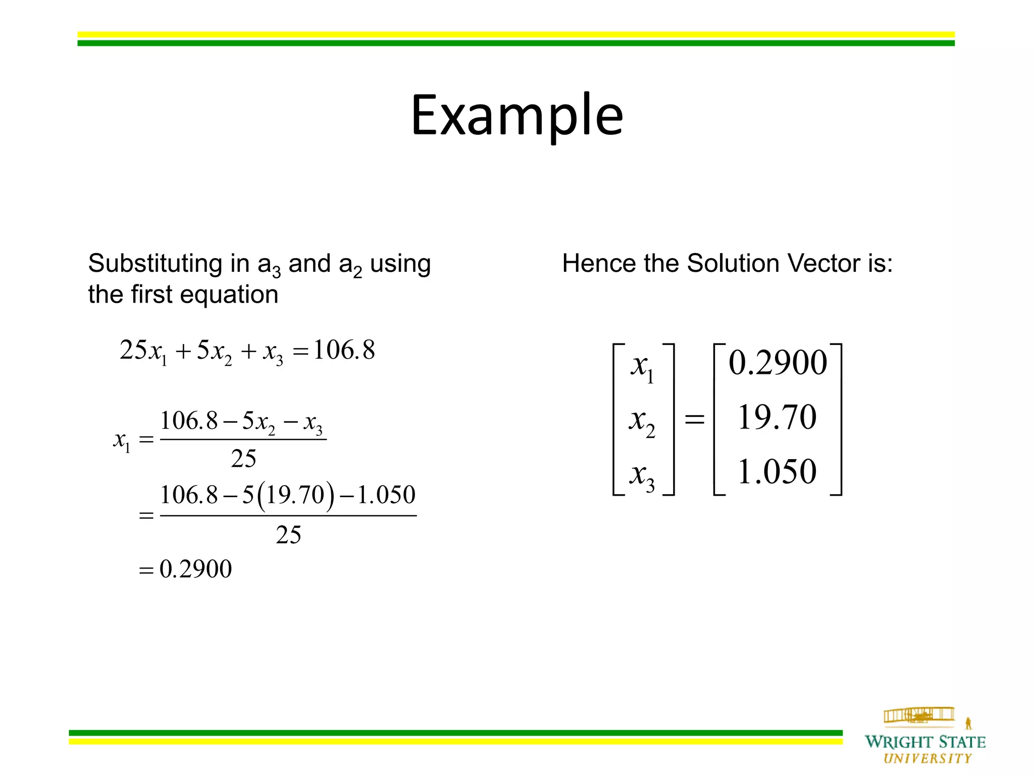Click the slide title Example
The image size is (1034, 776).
click(x=517, y=115)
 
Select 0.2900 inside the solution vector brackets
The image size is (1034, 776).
click(x=778, y=363)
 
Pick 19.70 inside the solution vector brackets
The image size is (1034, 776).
click(x=777, y=417)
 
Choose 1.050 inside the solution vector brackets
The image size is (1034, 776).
click(x=777, y=472)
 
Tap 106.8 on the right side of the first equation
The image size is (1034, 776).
click(x=344, y=350)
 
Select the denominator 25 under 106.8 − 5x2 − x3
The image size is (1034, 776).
click(x=243, y=459)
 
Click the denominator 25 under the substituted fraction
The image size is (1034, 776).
click(x=288, y=535)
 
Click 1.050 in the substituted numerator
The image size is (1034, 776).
click(x=386, y=495)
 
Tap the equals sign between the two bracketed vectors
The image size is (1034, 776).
click(x=694, y=419)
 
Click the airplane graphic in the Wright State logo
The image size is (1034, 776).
click(x=919, y=715)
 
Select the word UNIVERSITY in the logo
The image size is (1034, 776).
click(x=927, y=758)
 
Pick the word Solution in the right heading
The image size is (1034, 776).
click(x=733, y=264)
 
